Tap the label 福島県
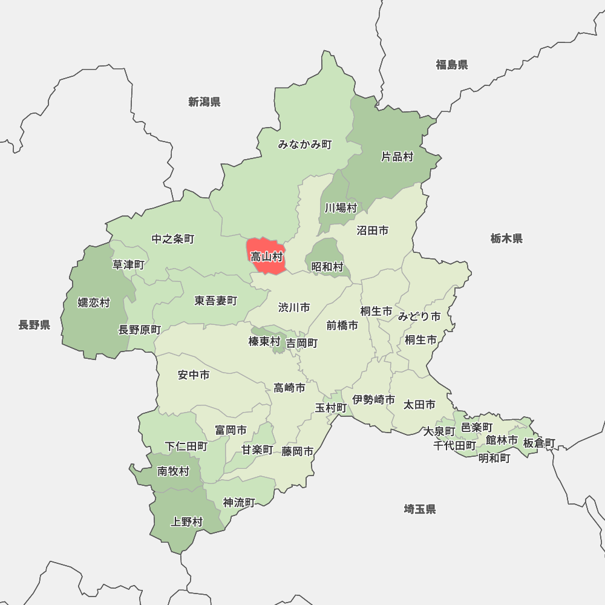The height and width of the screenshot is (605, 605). tap(452, 65)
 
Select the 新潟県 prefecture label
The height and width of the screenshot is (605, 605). tap(204, 102)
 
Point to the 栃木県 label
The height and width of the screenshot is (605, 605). tap(506, 238)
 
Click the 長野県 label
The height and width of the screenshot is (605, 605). tap(34, 325)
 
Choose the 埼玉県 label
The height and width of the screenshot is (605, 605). tap(420, 509)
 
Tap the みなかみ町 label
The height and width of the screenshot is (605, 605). tap(305, 145)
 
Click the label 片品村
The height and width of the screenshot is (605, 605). tap(397, 157)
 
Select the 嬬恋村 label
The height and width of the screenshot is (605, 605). tap(94, 302)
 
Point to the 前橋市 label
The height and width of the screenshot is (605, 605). tap(342, 325)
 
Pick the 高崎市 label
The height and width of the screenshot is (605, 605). tap(289, 388)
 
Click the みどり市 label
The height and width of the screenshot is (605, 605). tap(419, 316)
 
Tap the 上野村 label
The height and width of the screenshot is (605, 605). tap(187, 522)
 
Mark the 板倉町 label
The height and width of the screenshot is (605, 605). tap(538, 443)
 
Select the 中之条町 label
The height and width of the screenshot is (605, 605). tap(173, 239)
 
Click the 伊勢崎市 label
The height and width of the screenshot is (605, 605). tap(374, 400)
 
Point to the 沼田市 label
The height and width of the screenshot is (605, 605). tap(372, 231)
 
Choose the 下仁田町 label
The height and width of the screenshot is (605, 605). tap(186, 446)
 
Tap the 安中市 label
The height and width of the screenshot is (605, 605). tap(194, 375)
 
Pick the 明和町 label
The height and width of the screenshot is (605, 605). tap(494, 458)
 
